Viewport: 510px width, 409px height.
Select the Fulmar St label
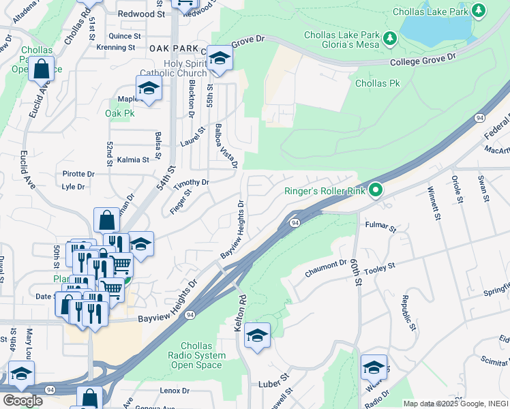tap(380, 226)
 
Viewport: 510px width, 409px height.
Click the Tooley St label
tap(382, 267)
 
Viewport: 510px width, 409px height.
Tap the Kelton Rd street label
tap(239, 314)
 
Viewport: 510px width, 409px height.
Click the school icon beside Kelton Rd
tap(257, 336)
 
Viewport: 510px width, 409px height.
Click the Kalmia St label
tap(133, 160)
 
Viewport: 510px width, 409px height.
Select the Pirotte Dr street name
tap(78, 175)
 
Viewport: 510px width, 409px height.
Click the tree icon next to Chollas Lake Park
tap(479, 10)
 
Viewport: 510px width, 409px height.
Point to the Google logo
tap(22, 401)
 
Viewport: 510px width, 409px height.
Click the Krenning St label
tap(116, 48)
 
